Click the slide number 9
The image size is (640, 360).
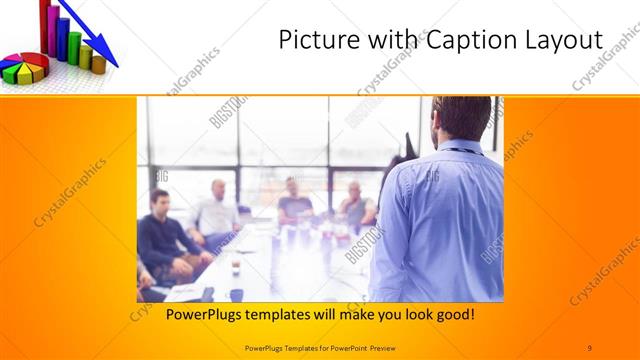click(x=589, y=346)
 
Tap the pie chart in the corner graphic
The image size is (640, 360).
click(x=25, y=67)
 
